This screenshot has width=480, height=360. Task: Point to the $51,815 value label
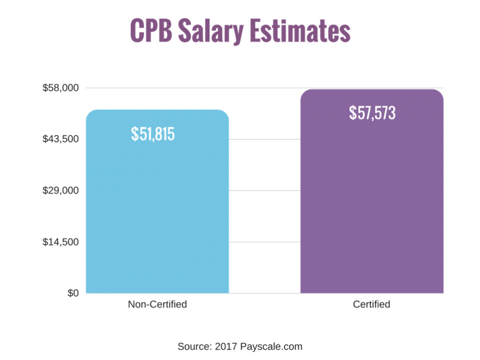click(153, 134)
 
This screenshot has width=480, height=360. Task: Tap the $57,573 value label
click(372, 112)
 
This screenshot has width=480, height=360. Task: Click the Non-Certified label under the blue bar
click(157, 304)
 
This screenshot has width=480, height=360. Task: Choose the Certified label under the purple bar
click(371, 304)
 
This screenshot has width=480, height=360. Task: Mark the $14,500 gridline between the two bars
click(265, 242)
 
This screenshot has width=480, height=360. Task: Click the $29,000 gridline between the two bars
click(265, 191)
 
